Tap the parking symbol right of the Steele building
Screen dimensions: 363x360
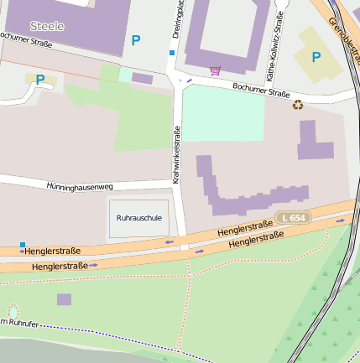click(x=136, y=39)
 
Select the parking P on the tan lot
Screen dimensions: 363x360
click(x=316, y=57)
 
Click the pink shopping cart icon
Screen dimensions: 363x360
click(x=215, y=70)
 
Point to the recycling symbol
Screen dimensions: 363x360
click(x=297, y=105)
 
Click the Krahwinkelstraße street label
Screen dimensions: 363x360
click(x=176, y=155)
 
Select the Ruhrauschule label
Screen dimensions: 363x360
click(x=138, y=218)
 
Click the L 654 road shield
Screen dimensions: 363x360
click(x=294, y=218)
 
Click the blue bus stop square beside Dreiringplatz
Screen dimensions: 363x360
click(x=172, y=53)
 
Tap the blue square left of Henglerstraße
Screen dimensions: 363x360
click(x=22, y=245)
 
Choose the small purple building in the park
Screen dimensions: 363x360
click(x=64, y=299)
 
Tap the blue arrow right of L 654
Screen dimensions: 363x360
click(x=341, y=220)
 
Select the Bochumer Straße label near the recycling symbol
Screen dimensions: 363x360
click(x=260, y=92)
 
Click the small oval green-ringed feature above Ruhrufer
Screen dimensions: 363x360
click(x=13, y=312)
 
